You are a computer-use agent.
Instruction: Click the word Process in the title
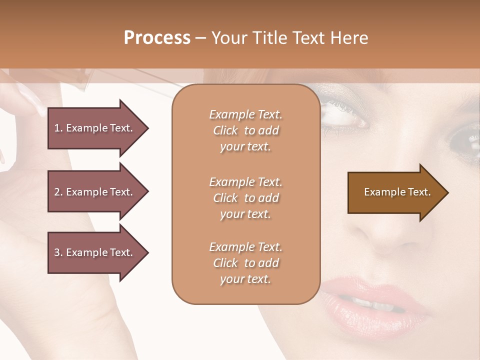point(157,38)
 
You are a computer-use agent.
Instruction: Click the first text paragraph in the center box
point(245,130)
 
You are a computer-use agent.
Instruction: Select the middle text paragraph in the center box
point(245,198)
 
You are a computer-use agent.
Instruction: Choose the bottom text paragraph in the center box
point(245,263)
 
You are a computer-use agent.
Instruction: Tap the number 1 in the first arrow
point(56,128)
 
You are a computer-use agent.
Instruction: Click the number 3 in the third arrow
point(57,252)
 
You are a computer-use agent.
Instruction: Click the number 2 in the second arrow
point(57,192)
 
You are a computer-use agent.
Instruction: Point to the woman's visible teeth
point(372,303)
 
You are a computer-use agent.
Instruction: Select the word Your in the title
point(229,38)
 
